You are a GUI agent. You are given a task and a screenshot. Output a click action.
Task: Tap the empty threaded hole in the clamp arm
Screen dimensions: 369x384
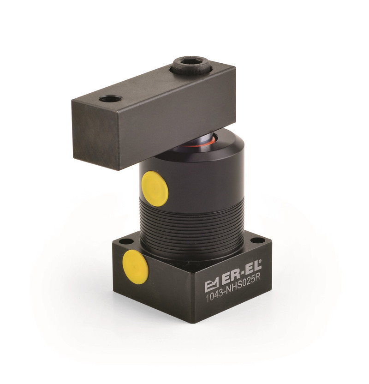point(111,99)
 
